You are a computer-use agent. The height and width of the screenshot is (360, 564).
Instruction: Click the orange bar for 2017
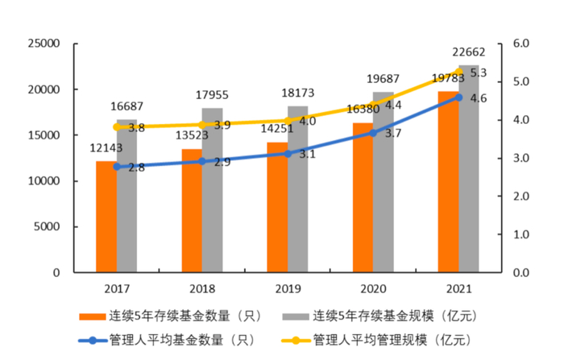pos(106,217)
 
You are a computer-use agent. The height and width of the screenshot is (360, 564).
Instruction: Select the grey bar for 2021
pos(469,169)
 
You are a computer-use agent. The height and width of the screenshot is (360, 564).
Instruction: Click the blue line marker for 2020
pos(372,132)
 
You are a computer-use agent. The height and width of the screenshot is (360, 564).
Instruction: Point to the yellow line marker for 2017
pos(117,127)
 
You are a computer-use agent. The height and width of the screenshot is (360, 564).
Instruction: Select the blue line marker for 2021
pos(458,97)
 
